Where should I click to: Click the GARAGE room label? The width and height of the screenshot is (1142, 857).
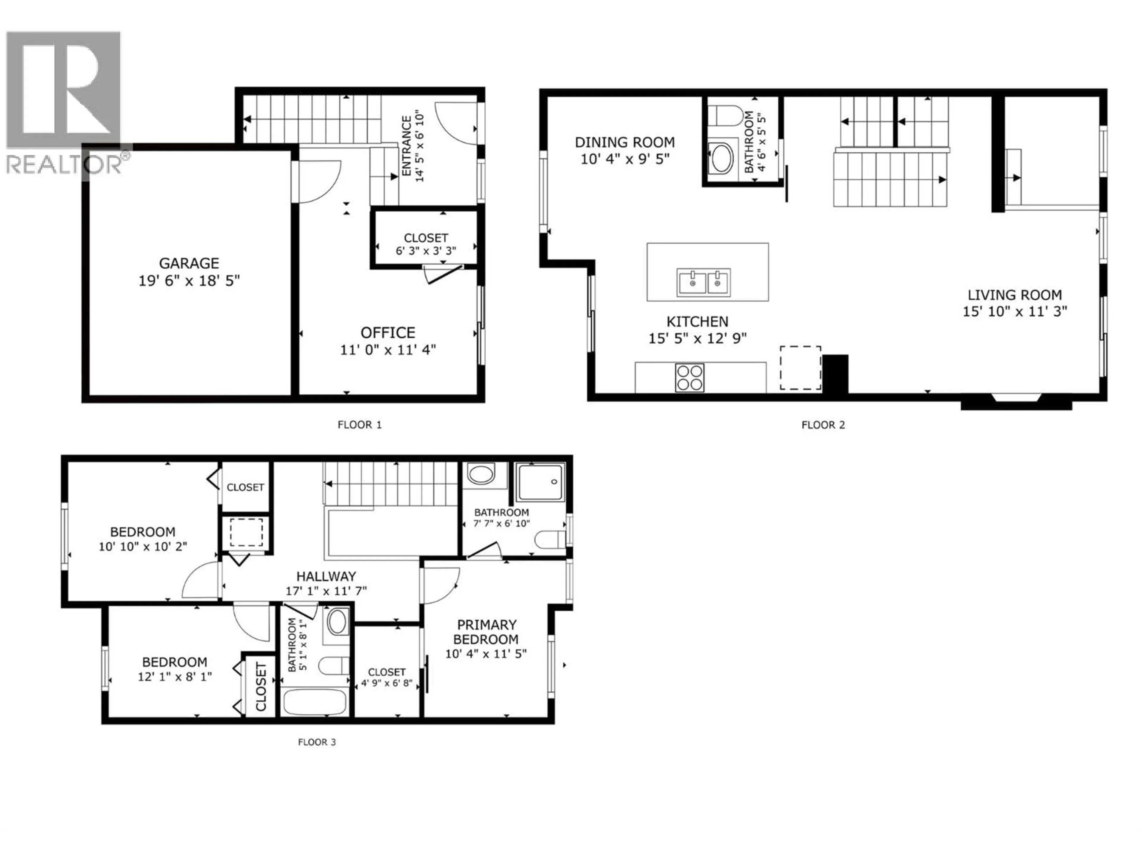[189, 263]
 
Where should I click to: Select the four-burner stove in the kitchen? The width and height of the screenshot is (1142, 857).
[690, 378]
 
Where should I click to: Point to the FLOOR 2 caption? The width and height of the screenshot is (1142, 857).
[823, 425]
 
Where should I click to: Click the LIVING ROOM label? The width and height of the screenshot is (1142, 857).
[1014, 295]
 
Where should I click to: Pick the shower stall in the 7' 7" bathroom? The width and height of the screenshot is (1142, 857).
[541, 482]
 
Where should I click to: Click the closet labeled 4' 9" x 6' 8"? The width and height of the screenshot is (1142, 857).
[387, 677]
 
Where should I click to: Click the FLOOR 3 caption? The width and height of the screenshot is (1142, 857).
[317, 742]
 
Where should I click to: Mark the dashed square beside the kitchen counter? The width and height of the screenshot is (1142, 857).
[800, 368]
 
